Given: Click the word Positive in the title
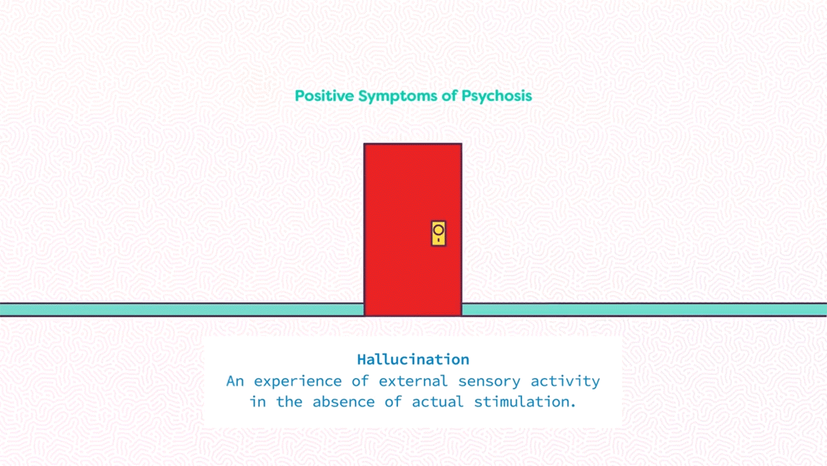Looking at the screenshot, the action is tap(324, 96).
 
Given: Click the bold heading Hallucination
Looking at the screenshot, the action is tap(413, 360).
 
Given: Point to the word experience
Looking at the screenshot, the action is tap(298, 382).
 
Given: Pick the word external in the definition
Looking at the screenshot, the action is tap(413, 381).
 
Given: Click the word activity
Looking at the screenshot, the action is tap(565, 382).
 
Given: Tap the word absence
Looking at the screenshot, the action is tap(344, 402).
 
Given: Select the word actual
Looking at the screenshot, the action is tap(438, 402).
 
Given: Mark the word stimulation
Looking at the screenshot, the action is tap(525, 402).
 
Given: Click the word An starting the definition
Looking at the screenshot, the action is tap(235, 381).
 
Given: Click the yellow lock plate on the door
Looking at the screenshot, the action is tap(438, 234).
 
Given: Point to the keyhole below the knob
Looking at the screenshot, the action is tap(438, 240).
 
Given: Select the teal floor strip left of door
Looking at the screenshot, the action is tap(182, 310).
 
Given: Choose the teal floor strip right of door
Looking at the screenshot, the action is tap(644, 310).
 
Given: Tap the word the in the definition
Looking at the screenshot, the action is tap(289, 402).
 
